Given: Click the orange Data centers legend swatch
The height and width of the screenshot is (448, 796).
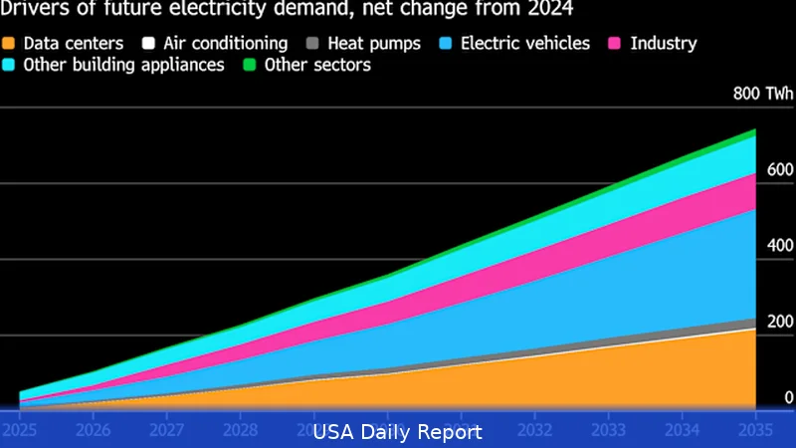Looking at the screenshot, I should click(x=10, y=44).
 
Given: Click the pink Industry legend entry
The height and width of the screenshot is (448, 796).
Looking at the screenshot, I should click(x=663, y=44).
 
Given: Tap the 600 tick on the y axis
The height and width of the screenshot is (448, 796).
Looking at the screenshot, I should click(x=779, y=170).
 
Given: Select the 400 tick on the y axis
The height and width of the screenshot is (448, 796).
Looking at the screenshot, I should click(x=779, y=246).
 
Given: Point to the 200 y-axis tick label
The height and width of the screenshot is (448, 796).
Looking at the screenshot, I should click(x=779, y=322).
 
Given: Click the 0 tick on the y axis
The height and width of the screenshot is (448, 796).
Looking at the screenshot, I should click(x=788, y=397).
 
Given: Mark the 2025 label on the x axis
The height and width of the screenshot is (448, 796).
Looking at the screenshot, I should click(x=19, y=430).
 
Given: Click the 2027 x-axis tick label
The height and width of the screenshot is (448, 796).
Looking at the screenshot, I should click(x=166, y=430).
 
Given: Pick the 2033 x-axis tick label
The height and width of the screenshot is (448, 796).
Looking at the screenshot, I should click(x=608, y=430).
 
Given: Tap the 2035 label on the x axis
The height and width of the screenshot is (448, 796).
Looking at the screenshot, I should click(x=755, y=430).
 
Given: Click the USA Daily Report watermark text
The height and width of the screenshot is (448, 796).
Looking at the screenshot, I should click(x=398, y=432).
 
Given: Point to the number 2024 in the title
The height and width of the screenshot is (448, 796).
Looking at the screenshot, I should click(x=551, y=10).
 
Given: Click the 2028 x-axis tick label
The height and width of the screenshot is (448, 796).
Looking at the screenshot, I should click(x=240, y=430).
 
